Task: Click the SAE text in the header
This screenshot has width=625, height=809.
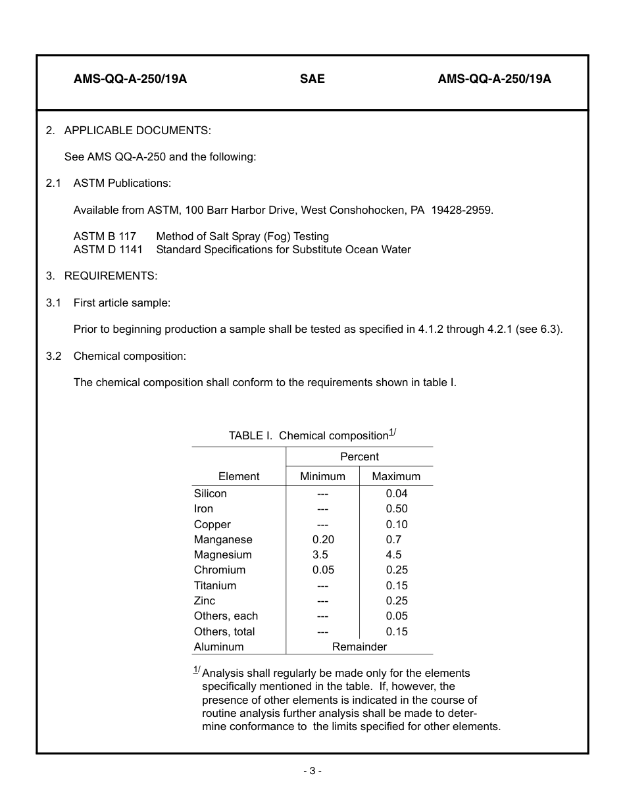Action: click(x=312, y=79)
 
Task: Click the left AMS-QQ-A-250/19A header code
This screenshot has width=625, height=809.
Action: click(x=130, y=79)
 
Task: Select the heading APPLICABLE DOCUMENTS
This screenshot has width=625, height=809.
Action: click(x=137, y=130)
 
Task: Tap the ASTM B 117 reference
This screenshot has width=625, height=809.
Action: click(x=105, y=236)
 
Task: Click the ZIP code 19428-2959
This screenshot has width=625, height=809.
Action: click(x=461, y=210)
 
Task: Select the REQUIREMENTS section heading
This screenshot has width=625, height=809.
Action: click(x=111, y=276)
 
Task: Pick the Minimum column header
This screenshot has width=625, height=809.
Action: click(x=322, y=476)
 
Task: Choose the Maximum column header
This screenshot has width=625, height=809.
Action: click(x=396, y=476)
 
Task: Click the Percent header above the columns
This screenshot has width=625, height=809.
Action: click(x=359, y=456)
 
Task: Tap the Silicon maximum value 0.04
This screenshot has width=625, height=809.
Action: click(x=397, y=493)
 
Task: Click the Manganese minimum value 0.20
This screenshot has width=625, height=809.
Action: click(x=323, y=539)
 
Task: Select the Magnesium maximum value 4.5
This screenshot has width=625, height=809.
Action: click(x=393, y=554)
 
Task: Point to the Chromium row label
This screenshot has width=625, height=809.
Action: click(x=220, y=570)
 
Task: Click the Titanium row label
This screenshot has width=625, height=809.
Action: click(x=215, y=585)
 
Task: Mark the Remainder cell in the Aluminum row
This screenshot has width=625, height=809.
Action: click(x=359, y=647)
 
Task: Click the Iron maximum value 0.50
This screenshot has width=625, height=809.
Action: click(x=397, y=508)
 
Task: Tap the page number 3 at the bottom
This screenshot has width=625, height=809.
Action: click(x=312, y=771)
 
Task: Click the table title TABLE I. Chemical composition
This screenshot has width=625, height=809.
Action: click(x=309, y=435)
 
